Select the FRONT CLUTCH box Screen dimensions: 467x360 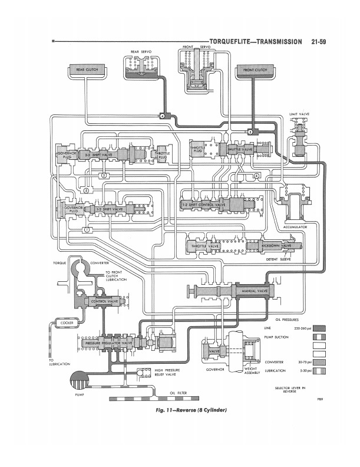click(x=253, y=71)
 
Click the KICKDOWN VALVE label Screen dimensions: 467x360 click(x=275, y=245)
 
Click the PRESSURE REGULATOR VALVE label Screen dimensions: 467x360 click(x=109, y=343)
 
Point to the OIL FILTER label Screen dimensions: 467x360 click(x=178, y=392)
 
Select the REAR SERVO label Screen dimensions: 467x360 click(x=141, y=52)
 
